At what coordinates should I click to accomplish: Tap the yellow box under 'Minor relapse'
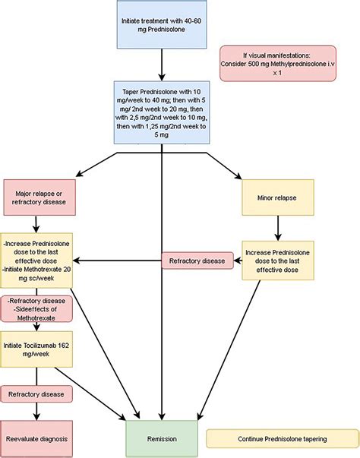tap(277, 261)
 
